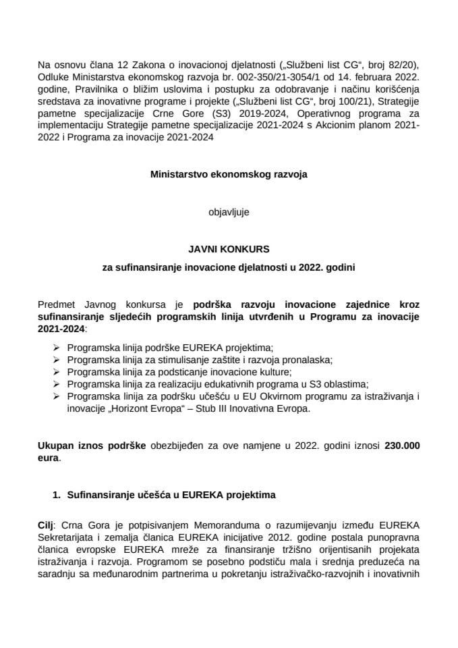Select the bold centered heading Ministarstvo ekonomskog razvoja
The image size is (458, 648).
tap(228, 174)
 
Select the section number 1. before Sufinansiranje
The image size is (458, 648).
tap(57, 495)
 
